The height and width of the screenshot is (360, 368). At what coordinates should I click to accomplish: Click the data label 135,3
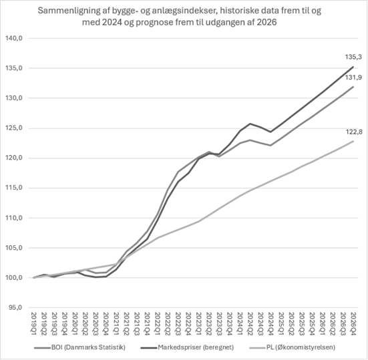353,57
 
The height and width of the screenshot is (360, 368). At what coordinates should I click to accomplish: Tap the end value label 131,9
353,77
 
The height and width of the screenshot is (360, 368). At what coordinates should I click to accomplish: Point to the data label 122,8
354,132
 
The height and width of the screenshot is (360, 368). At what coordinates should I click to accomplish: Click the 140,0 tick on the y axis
14,38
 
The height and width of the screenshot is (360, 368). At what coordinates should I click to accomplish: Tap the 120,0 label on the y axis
14,158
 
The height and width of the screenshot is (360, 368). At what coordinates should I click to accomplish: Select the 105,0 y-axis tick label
14,248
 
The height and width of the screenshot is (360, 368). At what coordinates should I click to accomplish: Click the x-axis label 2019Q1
34,324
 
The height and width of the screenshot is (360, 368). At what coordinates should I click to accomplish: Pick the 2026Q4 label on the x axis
353,324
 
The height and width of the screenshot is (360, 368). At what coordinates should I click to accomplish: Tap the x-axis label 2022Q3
178,324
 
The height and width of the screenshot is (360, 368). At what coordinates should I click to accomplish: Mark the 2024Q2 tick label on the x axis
250,324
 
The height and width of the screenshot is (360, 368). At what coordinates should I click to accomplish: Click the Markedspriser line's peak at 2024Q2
250,124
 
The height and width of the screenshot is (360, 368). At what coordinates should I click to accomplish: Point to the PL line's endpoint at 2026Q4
353,141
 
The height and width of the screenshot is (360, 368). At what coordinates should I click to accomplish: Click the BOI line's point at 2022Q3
178,172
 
